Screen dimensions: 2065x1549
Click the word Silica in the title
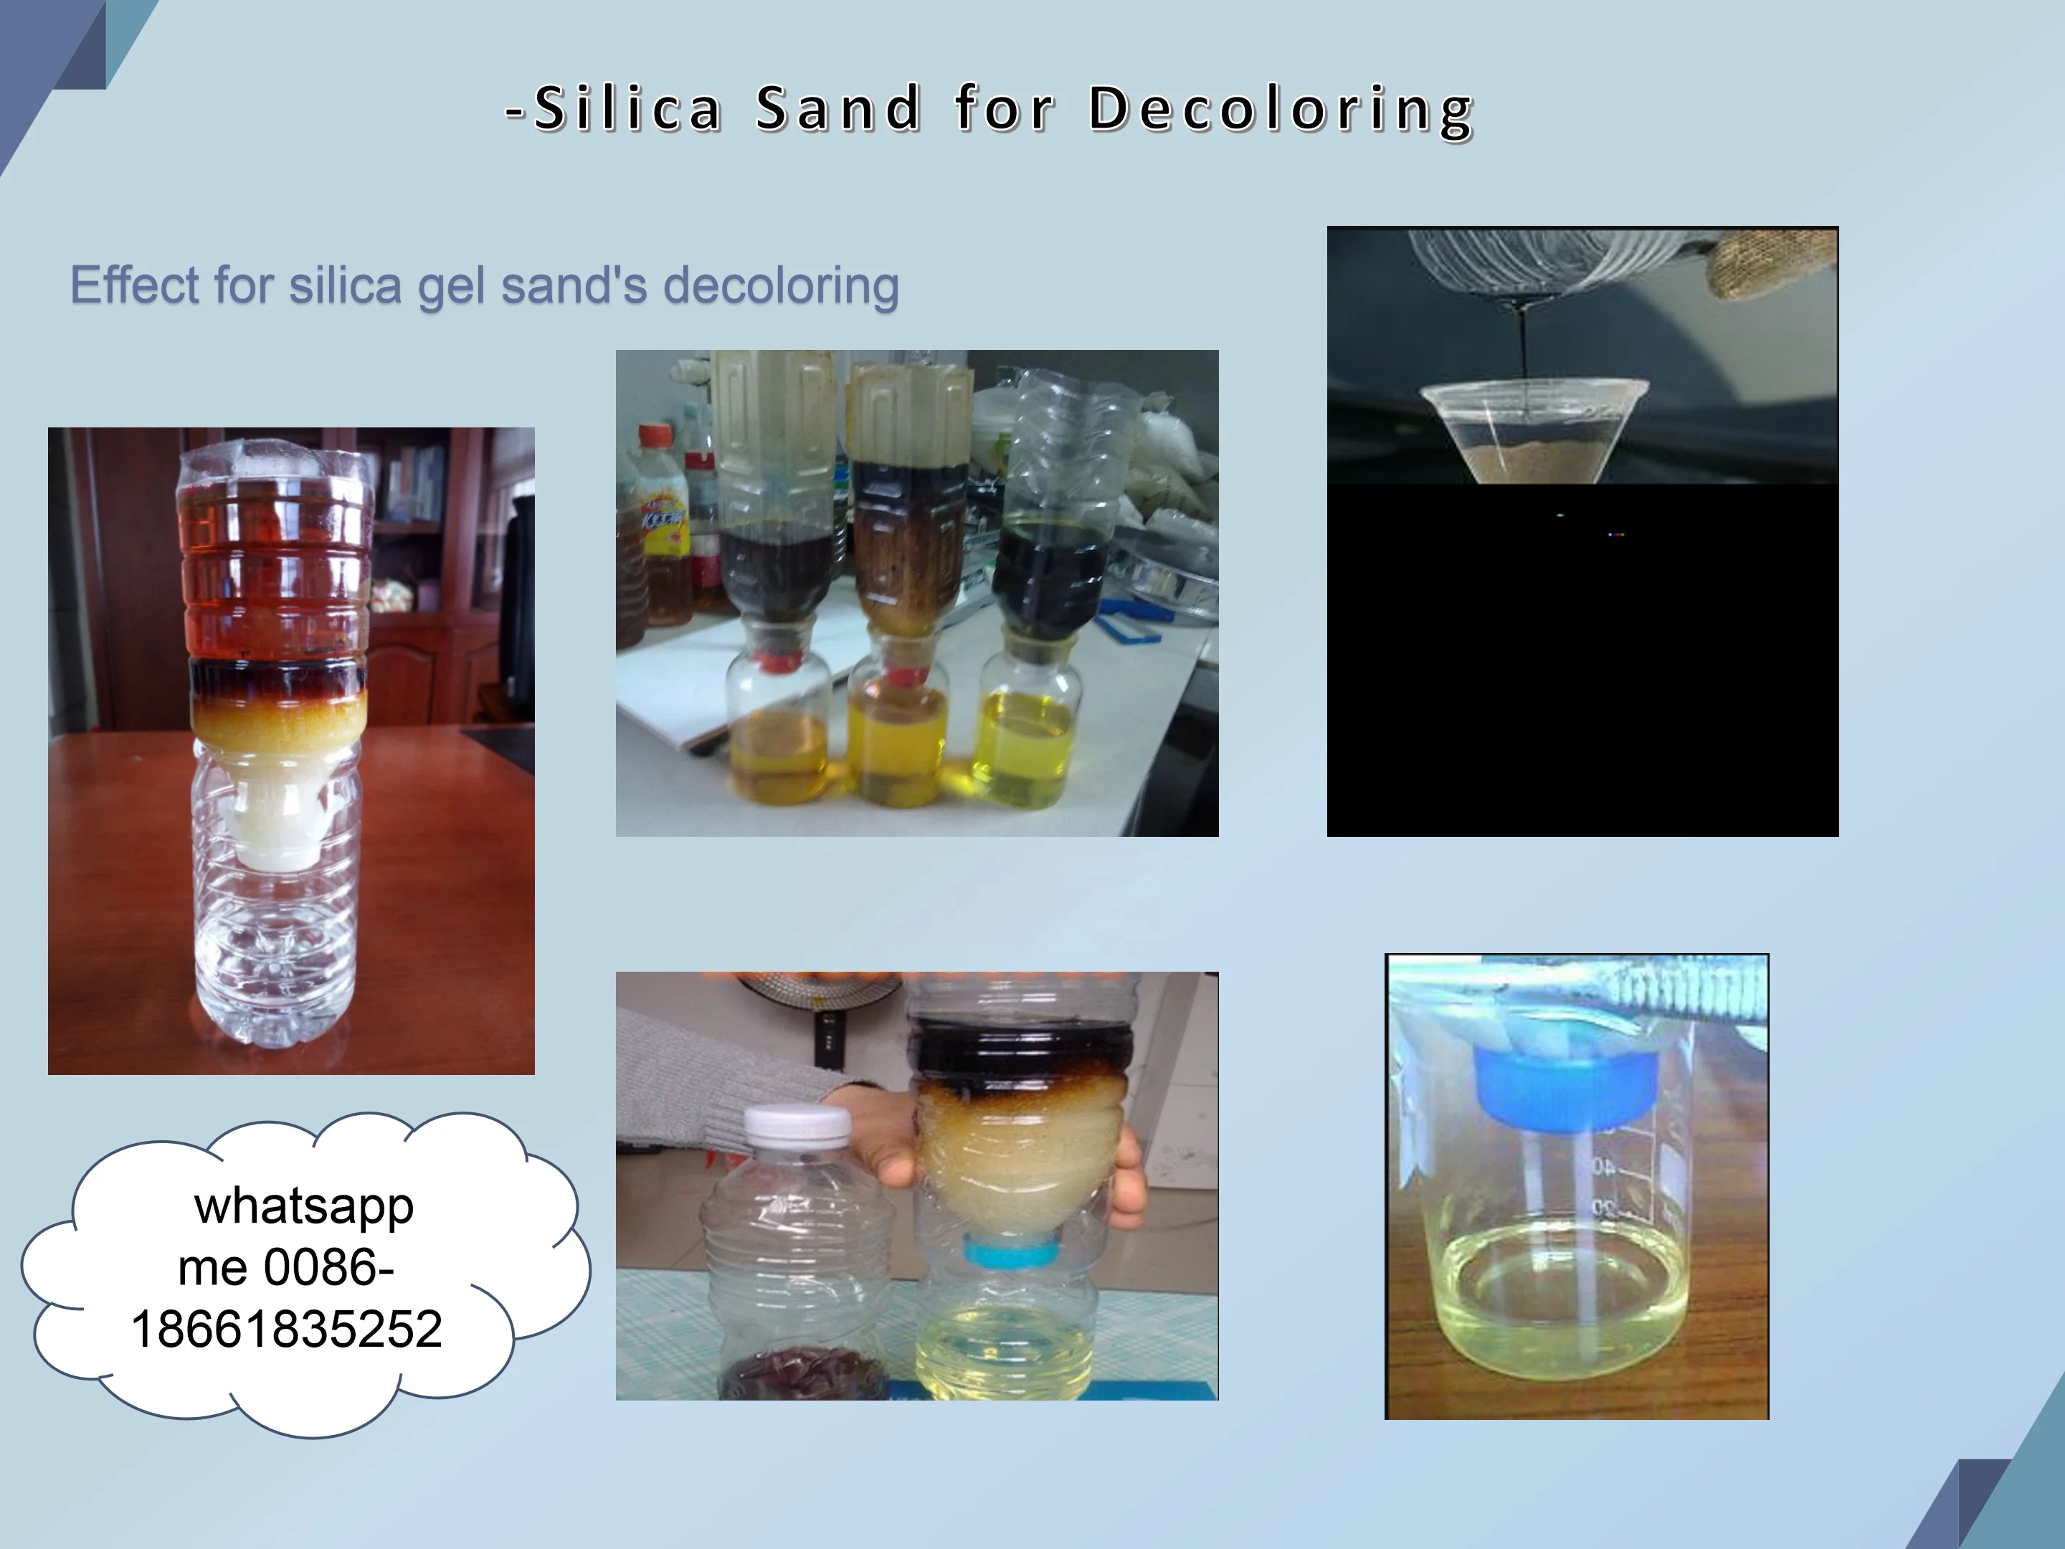627,108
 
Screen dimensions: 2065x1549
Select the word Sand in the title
838,108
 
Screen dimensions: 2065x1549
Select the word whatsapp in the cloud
304,1206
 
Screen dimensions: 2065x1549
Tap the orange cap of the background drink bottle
658,436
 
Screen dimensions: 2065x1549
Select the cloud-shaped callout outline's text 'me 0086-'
285,1267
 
